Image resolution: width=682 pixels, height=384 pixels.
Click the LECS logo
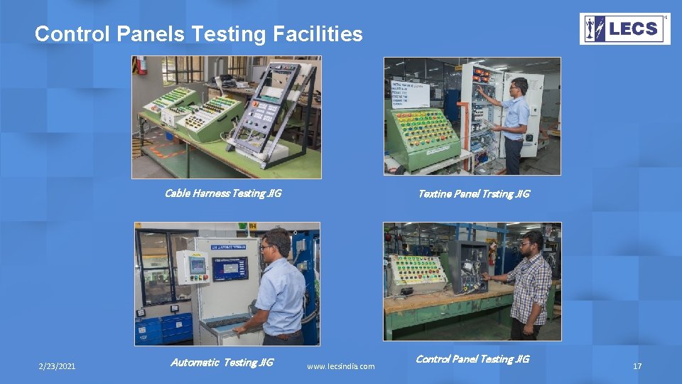click(x=624, y=29)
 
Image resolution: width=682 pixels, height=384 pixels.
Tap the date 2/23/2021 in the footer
click(x=57, y=366)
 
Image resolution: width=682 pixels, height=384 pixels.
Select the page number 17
click(x=637, y=366)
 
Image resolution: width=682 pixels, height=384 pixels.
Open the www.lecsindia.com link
click(x=340, y=366)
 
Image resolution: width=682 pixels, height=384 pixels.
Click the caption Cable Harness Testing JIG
click(x=222, y=193)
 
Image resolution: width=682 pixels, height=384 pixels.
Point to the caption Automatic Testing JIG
click(x=222, y=363)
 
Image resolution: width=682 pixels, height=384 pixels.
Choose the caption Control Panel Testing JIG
click(x=472, y=359)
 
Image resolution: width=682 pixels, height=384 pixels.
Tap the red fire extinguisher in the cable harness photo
click(x=142, y=65)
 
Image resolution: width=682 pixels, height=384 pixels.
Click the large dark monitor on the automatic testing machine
click(x=230, y=269)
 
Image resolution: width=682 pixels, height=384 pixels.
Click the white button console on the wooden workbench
click(x=417, y=272)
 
